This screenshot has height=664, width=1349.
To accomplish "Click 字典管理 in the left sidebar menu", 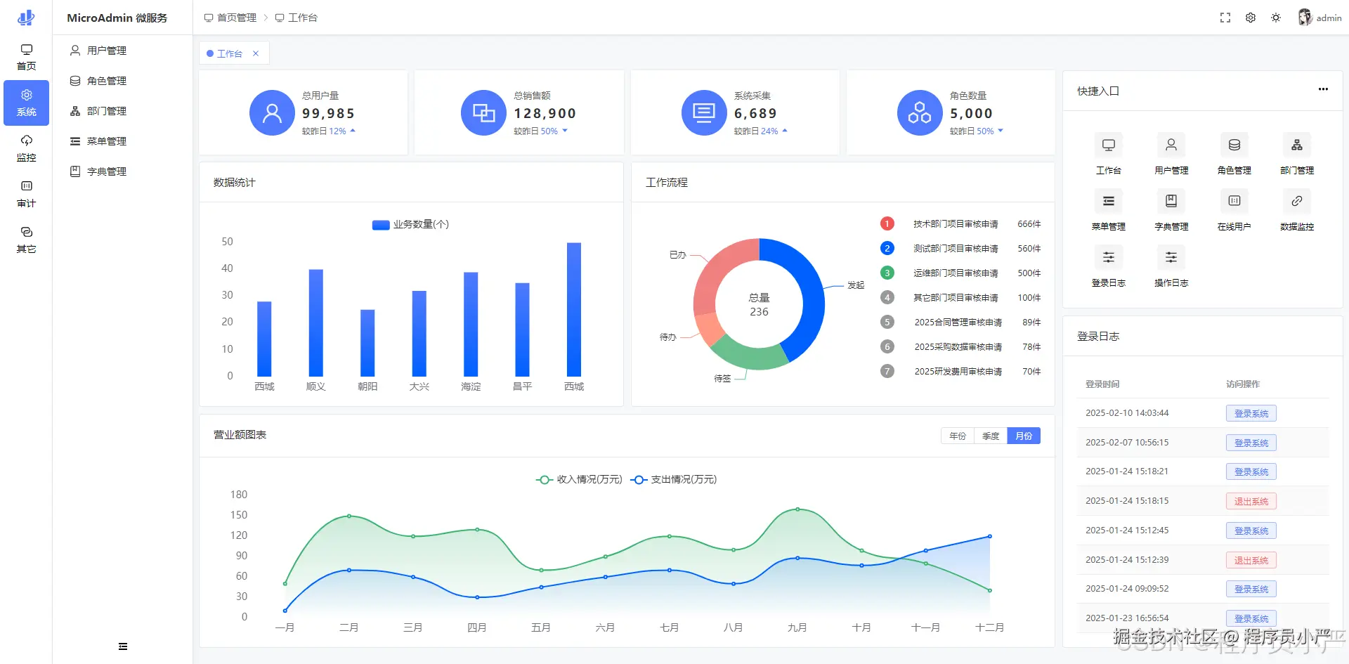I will [106, 171].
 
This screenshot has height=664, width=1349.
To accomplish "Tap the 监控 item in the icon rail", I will [26, 148].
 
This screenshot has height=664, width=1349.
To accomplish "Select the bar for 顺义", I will [316, 323].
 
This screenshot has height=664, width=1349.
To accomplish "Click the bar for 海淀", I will [471, 325].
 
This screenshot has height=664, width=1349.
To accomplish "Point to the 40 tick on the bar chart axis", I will [227, 268].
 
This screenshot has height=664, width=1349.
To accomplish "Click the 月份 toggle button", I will [1024, 436].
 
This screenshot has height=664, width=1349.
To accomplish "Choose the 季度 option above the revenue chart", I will [991, 436].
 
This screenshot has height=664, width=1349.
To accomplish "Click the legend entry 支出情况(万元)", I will [674, 480].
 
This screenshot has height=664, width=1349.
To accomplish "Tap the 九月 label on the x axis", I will [797, 627].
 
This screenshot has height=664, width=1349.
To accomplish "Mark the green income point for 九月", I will [797, 509].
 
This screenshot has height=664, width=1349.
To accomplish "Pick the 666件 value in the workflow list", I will [1029, 224].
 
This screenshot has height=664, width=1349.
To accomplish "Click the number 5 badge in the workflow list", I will [887, 322].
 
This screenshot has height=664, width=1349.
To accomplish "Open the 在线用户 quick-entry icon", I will [1234, 201].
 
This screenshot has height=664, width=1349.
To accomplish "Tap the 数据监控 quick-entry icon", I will [1297, 201].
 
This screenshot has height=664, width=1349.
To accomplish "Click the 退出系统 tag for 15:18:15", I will [1251, 501].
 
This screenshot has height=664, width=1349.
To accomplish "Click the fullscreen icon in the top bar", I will [1225, 18].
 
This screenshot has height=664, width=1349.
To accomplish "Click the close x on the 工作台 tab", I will [256, 53].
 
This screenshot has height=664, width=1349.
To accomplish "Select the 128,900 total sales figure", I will [545, 114].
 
